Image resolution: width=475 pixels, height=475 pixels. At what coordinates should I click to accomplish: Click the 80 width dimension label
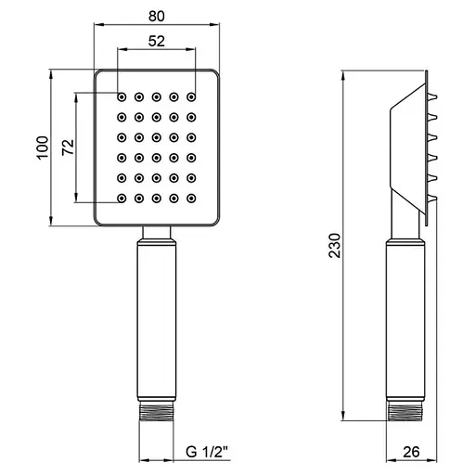[x=157, y=16]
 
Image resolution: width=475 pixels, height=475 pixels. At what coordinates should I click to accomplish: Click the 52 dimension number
[x=157, y=41]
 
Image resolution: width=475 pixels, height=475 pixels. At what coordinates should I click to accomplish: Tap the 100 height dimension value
[x=43, y=148]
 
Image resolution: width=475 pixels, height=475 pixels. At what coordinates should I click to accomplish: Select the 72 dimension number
[x=68, y=148]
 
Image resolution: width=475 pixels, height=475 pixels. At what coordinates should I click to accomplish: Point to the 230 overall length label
[x=335, y=246]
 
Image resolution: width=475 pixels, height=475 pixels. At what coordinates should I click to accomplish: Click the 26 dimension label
[x=411, y=452]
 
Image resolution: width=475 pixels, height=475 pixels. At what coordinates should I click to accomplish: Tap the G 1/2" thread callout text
[x=207, y=452]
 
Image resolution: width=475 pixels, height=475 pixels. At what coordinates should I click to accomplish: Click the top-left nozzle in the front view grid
[x=122, y=97]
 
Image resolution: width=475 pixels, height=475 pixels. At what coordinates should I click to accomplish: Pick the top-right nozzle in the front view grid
[x=191, y=97]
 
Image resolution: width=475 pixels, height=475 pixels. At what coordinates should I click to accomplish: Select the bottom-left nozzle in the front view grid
[x=122, y=199]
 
